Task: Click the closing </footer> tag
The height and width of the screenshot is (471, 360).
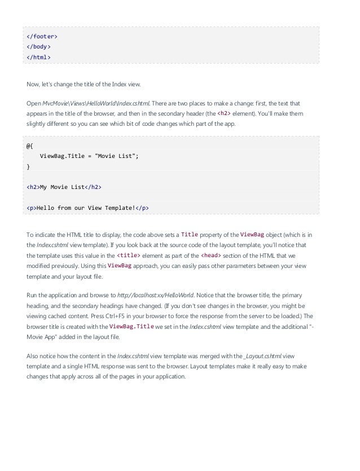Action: pyautogui.click(x=42, y=37)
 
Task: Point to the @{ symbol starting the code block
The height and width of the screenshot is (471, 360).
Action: pyautogui.click(x=29, y=145)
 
